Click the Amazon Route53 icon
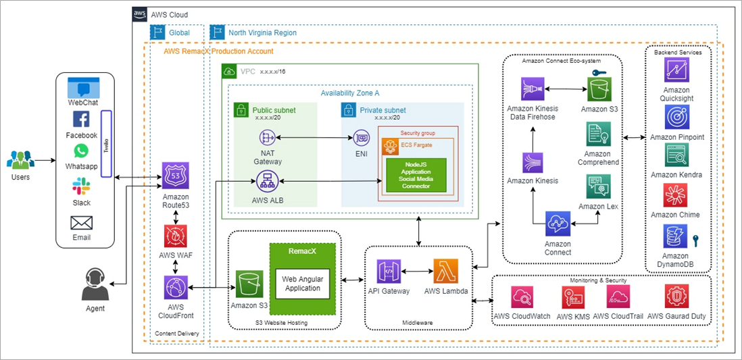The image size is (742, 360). click(176, 176)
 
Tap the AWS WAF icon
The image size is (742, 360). click(176, 236)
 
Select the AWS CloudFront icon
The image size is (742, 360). click(176, 288)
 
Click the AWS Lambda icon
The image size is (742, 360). click(446, 272)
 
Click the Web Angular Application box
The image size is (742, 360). click(302, 284)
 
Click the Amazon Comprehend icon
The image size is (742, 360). click(599, 134)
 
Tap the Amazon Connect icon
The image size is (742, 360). click(558, 224)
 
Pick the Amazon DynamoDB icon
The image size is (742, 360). click(676, 238)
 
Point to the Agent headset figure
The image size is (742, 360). click(95, 284)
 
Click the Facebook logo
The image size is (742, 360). click(81, 120)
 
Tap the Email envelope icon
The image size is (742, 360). click(81, 223)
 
